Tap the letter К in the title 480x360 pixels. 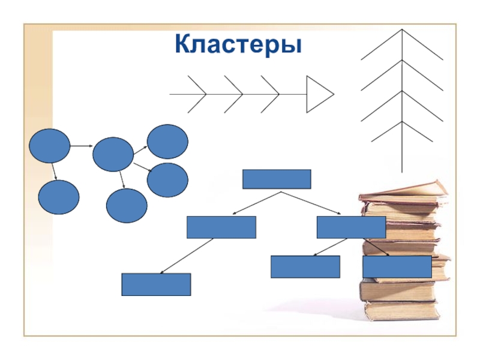[183, 44]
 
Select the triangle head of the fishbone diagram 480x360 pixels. [317, 94]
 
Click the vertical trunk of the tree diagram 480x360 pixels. [402, 150]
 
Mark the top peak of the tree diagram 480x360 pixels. [402, 30]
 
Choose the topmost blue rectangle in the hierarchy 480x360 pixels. [276, 179]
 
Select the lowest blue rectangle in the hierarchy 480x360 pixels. [156, 284]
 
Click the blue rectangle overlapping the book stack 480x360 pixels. [397, 266]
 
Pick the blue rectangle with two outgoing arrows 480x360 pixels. [351, 227]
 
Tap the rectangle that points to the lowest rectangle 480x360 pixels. [221, 227]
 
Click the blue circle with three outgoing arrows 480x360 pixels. [113, 154]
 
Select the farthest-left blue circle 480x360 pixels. [49, 146]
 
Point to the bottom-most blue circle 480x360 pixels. [127, 206]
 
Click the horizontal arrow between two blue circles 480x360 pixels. [80, 146]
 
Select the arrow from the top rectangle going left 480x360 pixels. [255, 203]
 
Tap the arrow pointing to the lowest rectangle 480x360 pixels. [186, 256]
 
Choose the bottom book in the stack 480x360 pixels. [401, 310]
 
